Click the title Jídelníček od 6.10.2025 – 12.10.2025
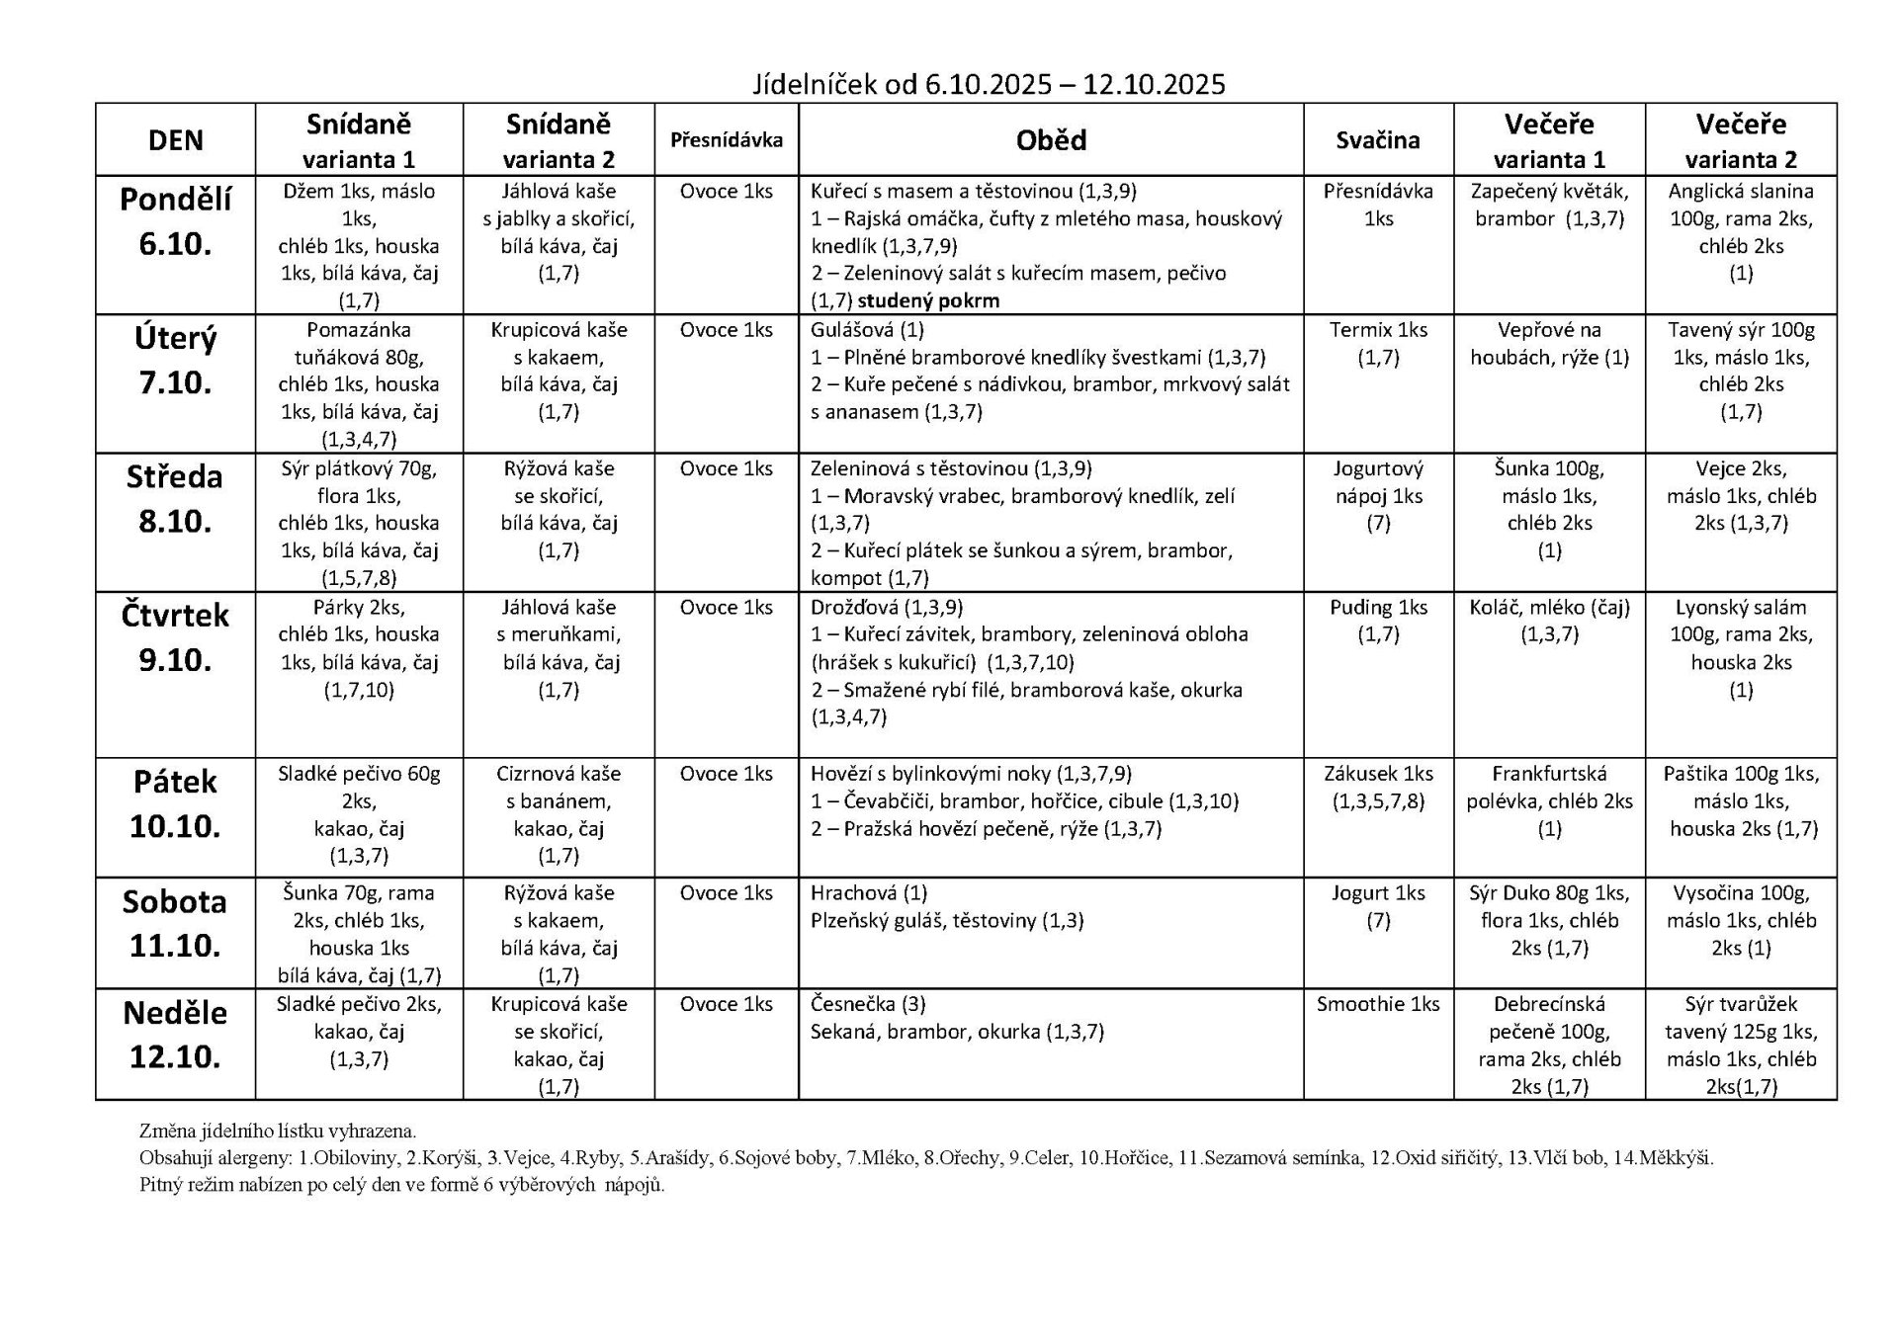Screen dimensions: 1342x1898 click(x=989, y=85)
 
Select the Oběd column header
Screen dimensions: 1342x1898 click(x=1051, y=140)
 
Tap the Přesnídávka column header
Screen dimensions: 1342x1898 click(x=727, y=140)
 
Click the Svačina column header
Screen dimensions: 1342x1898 click(x=1378, y=140)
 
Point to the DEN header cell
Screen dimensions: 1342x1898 click(x=175, y=140)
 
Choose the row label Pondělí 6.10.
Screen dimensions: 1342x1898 click(x=175, y=221)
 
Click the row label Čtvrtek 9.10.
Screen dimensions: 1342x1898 click(x=175, y=637)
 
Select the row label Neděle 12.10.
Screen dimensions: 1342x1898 click(x=175, y=1035)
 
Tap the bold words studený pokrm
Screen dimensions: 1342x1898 click(x=929, y=300)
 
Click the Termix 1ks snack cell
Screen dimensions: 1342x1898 click(x=1378, y=343)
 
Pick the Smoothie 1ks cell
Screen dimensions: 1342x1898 click(x=1378, y=1005)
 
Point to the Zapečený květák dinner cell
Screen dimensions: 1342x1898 click(x=1549, y=205)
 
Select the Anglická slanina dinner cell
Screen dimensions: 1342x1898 click(x=1741, y=232)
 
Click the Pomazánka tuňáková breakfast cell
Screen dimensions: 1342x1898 click(x=359, y=383)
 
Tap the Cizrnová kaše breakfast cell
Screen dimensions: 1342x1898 click(x=559, y=815)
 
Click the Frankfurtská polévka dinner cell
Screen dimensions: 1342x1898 click(x=1549, y=801)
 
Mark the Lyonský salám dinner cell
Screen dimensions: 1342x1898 click(x=1741, y=648)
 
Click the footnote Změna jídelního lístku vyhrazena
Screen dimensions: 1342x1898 click(x=278, y=1131)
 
